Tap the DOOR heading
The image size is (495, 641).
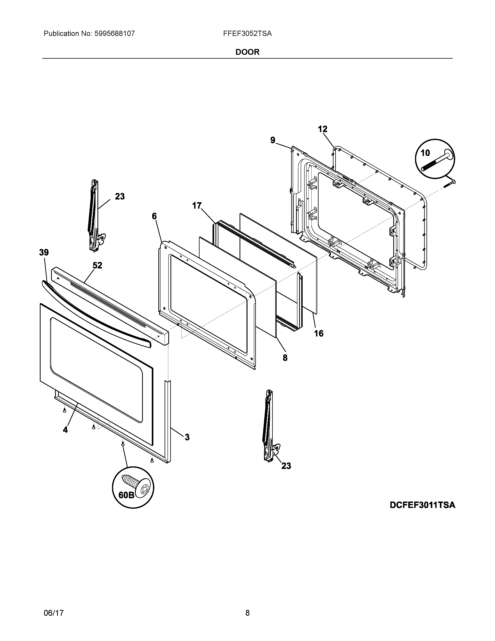pos(247,52)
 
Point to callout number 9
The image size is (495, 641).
pos(273,140)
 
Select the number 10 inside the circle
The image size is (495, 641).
pos(425,153)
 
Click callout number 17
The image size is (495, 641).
pos(197,206)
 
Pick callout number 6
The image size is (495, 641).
pos(154,216)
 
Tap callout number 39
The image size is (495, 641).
pos(44,252)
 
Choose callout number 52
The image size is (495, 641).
pos(97,265)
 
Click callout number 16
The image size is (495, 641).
pos(319,333)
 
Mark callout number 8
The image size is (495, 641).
pos(285,358)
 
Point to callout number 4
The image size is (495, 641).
pos(65,430)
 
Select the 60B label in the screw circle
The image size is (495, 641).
pos(126,495)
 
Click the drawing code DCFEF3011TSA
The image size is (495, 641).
pos(422,505)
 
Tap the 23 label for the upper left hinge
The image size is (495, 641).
pos(120,196)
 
